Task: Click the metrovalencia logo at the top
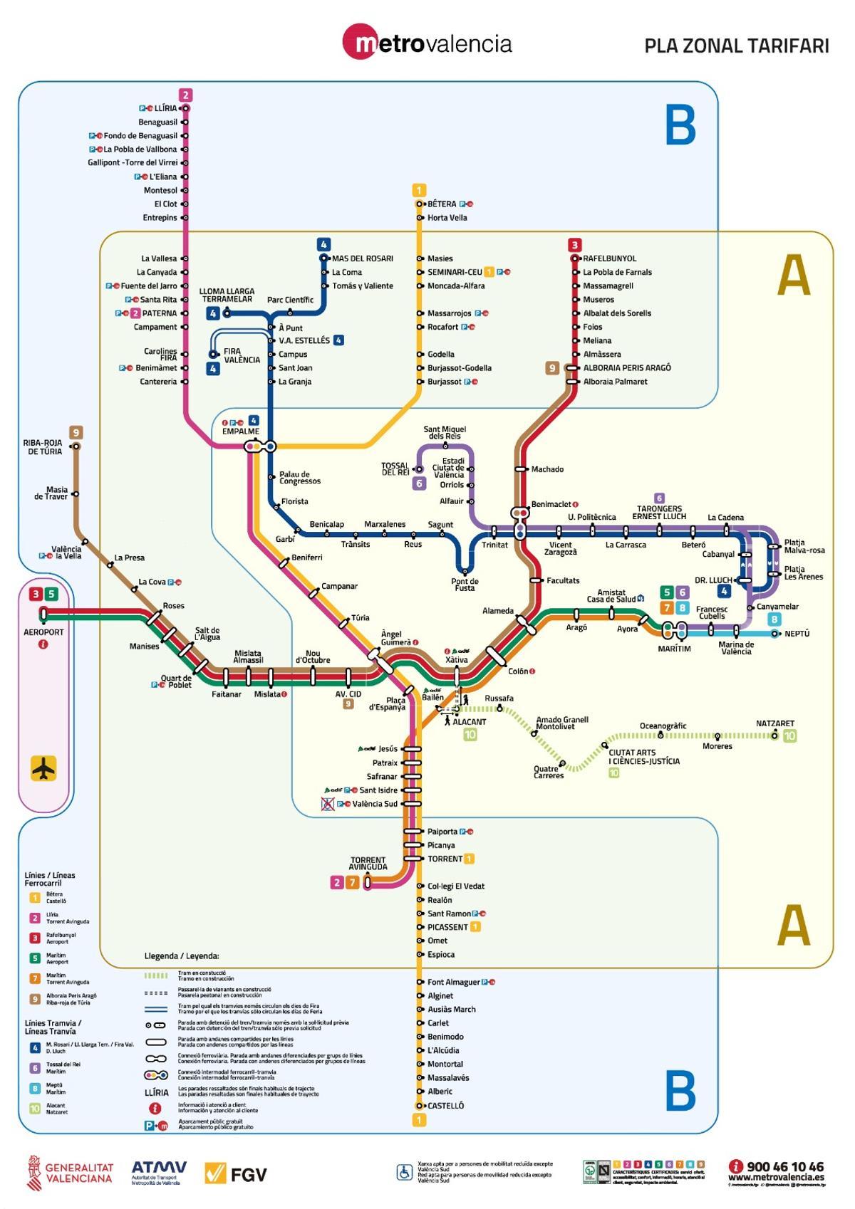coord(427,43)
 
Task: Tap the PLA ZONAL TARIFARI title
coord(736,46)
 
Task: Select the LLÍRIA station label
coord(165,108)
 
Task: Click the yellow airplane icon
coord(44,769)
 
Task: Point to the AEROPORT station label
coord(43,632)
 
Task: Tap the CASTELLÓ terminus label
coord(445,1106)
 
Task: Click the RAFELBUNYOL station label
coord(609,258)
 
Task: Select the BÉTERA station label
coord(442,204)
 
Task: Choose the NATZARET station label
coord(774,723)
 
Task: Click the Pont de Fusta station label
coord(465,585)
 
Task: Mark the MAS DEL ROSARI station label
coord(362,258)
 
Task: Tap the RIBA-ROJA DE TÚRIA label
coord(43,447)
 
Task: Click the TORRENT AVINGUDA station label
coord(368,864)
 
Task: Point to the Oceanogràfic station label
coord(663,726)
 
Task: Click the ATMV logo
coord(158,1172)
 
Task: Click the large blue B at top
coord(680,125)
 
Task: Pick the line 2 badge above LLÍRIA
coord(185,95)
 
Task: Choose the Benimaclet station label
coord(551,504)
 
